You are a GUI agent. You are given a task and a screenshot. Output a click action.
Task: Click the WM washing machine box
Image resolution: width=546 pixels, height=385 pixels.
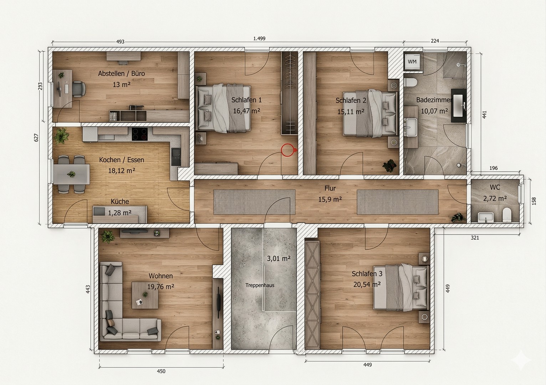point(412,62)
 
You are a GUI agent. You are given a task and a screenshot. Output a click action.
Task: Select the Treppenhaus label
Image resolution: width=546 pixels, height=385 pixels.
point(260,285)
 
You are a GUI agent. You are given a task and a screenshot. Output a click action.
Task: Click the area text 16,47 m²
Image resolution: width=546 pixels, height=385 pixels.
point(246,111)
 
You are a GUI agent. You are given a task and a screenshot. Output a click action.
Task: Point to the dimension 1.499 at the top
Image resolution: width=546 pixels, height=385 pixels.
point(259,38)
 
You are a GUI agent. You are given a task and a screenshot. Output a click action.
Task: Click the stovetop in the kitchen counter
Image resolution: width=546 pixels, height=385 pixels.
point(140,134)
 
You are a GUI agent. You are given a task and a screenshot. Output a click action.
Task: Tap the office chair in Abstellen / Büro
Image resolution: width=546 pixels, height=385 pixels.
point(78,89)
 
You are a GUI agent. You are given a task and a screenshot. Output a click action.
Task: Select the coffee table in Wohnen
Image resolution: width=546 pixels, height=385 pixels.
point(145,295)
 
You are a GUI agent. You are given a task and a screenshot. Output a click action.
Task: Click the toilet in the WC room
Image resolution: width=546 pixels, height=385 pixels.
point(506,215)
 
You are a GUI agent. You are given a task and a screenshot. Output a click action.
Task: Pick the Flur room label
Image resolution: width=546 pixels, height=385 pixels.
point(330,189)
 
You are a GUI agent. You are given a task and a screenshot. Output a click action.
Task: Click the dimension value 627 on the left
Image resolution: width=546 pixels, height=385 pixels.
point(36,138)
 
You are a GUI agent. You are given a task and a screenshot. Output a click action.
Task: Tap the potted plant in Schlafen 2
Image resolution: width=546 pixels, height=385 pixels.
point(389,165)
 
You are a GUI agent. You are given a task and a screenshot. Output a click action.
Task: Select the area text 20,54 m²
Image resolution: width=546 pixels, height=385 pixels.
point(367,284)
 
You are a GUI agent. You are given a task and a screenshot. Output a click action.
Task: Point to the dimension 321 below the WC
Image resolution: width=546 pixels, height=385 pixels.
point(475,238)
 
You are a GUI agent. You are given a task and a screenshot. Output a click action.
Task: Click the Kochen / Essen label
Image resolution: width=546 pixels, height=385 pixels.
point(121,160)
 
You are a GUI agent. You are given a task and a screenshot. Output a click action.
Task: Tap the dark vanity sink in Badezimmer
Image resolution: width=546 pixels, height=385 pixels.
point(458,106)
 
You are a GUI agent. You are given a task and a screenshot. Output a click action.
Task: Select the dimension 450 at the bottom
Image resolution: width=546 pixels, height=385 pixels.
point(161,371)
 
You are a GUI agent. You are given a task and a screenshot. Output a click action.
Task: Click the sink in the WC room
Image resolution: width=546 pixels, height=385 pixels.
point(485,216)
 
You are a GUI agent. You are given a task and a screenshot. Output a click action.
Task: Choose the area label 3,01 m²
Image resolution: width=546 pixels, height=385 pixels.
point(279,258)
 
